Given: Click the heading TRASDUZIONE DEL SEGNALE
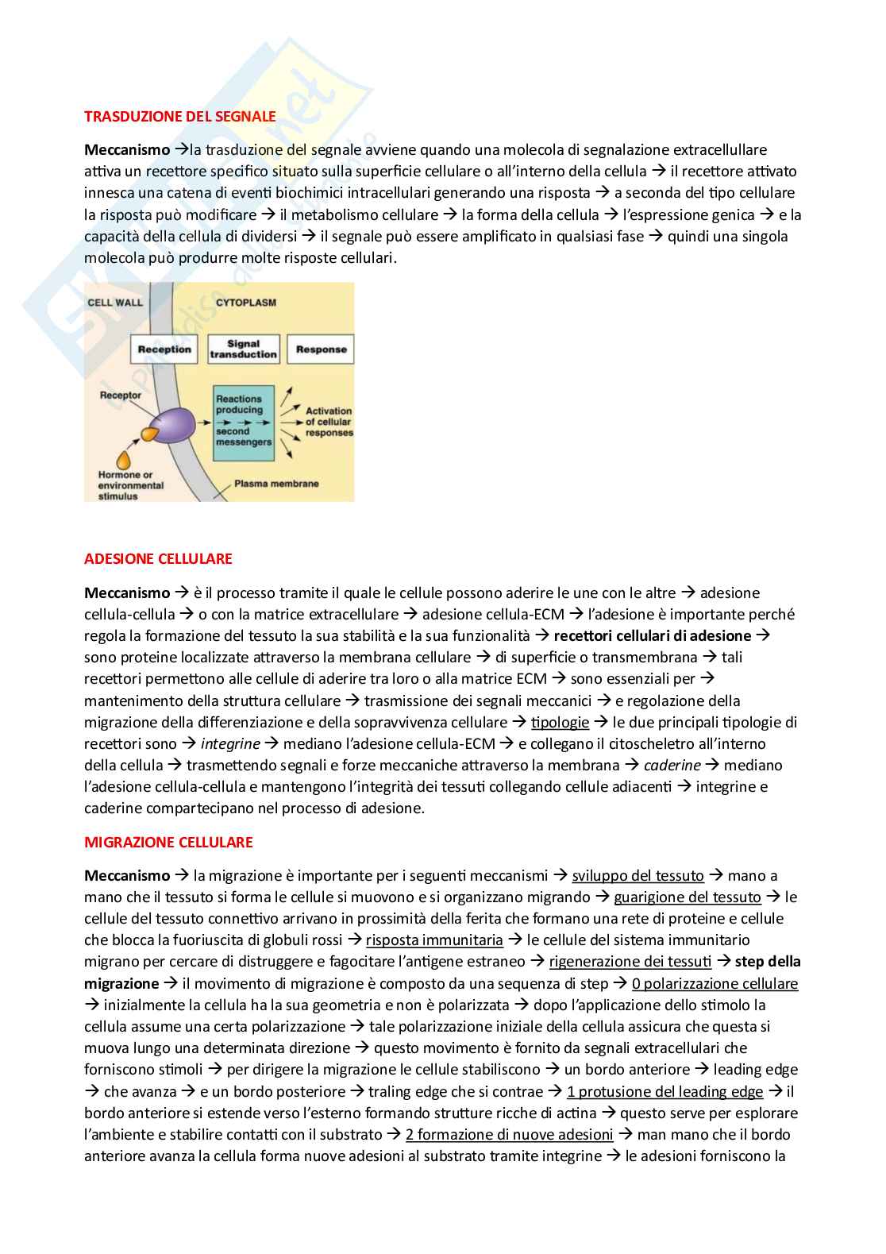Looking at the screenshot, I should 179,116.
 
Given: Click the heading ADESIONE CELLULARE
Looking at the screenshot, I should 158,558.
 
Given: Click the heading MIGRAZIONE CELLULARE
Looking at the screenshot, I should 168,842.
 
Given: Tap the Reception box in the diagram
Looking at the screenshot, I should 164,349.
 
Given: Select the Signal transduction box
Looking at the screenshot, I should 243,349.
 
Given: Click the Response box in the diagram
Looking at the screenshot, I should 321,349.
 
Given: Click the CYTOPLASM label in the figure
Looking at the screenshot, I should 246,303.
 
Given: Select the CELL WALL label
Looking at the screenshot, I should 115,303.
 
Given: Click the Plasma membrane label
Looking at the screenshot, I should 276,484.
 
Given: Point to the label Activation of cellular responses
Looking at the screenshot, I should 329,422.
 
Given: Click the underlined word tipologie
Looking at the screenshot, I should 560,722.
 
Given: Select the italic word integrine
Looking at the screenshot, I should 230,743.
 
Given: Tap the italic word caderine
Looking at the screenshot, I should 672,765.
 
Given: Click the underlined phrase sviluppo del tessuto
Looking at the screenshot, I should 638,875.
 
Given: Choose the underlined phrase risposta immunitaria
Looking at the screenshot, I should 434,940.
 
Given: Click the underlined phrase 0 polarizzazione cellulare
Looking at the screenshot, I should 715,983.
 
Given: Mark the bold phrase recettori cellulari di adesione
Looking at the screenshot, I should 652,635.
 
